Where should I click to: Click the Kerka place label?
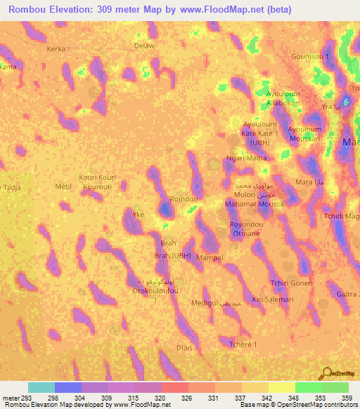[x=56, y=49]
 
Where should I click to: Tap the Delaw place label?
[x=143, y=46]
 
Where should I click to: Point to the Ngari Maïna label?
[x=245, y=159]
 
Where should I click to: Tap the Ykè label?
[x=139, y=214]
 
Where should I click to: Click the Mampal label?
[x=210, y=258]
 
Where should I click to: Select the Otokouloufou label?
[x=150, y=290]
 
